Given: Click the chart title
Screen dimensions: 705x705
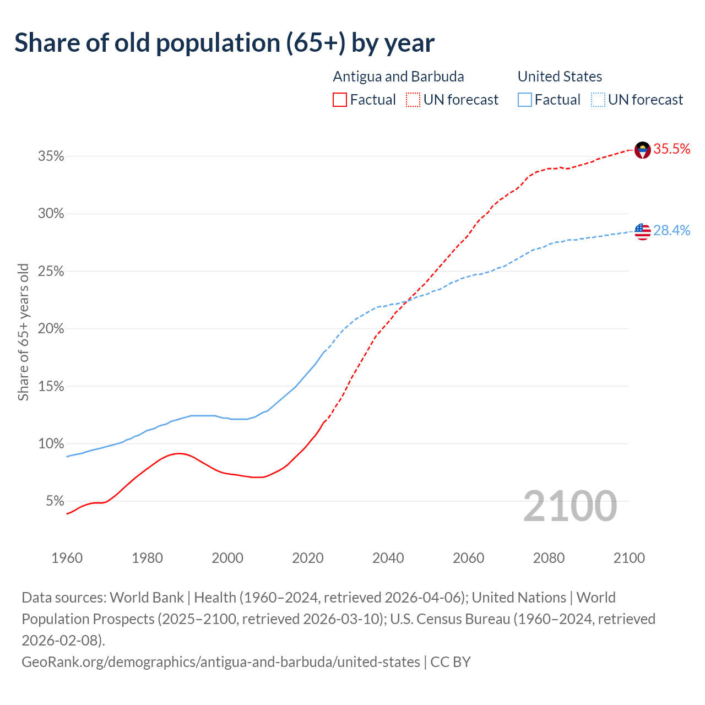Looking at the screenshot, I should click(x=224, y=43).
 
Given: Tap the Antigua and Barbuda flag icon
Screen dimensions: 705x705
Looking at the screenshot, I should click(x=642, y=150).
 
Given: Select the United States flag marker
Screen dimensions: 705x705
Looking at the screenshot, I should click(x=642, y=231).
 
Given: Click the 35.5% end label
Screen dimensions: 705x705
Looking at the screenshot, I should click(x=671, y=149).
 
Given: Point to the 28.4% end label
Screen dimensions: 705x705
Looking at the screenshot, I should click(x=671, y=231).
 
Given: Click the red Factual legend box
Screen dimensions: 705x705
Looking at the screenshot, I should click(x=340, y=100).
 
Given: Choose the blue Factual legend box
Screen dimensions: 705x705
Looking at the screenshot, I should click(x=524, y=100).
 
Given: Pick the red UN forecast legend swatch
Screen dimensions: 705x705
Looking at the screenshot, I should click(x=413, y=100).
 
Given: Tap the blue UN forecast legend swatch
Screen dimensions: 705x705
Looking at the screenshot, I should click(x=598, y=100).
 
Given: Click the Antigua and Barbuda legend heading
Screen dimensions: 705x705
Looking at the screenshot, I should click(x=398, y=77).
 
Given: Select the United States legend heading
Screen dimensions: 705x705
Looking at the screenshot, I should click(x=560, y=77).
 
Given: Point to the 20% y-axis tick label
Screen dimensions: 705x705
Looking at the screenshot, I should click(x=51, y=329).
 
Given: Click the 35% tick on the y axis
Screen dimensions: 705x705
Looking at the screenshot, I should click(x=51, y=156).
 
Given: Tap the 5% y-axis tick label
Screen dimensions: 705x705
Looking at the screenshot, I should click(x=55, y=501).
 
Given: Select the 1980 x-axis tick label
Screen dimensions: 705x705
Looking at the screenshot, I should click(x=147, y=558).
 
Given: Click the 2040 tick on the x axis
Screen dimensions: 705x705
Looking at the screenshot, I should click(x=388, y=558).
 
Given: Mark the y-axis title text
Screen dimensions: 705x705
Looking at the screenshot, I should click(x=23, y=332).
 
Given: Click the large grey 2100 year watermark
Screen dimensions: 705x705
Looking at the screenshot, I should click(x=570, y=506).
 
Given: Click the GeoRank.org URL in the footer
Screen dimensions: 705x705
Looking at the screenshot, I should click(x=220, y=661).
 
